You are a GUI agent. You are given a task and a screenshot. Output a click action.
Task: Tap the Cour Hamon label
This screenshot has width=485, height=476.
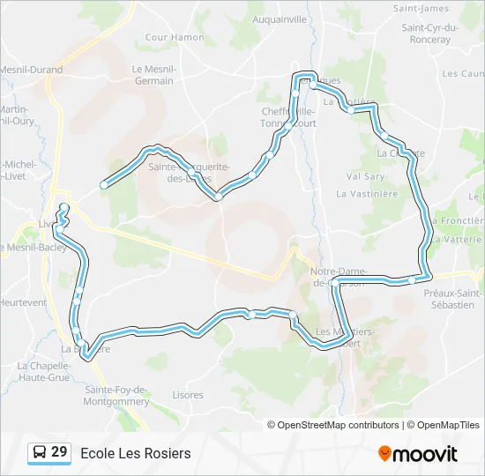(175, 37)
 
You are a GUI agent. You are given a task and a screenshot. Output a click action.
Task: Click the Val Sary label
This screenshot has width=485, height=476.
(365, 175)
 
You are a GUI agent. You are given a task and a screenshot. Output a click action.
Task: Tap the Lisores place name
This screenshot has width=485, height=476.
(188, 395)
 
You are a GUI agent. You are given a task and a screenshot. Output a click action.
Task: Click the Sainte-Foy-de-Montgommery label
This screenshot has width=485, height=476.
(116, 395)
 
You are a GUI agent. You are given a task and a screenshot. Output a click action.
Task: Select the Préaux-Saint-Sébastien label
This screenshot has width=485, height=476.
(453, 299)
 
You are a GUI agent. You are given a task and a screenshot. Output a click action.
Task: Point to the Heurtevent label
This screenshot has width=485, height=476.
(23, 302)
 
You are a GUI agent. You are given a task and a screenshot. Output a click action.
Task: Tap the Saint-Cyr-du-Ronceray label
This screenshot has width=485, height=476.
(430, 33)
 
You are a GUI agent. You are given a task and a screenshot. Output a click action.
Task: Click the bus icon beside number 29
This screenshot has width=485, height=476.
(40, 453)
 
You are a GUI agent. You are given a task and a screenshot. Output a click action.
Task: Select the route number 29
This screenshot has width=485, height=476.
(59, 452)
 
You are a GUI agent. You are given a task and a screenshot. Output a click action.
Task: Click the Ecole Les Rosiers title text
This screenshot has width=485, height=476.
(135, 453)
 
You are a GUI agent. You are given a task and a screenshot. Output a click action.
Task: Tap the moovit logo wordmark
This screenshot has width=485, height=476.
(426, 454)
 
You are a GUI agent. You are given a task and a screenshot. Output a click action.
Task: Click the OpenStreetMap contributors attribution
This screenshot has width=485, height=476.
(339, 425)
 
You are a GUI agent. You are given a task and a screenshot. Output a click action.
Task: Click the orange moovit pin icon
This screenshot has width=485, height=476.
(384, 454)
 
